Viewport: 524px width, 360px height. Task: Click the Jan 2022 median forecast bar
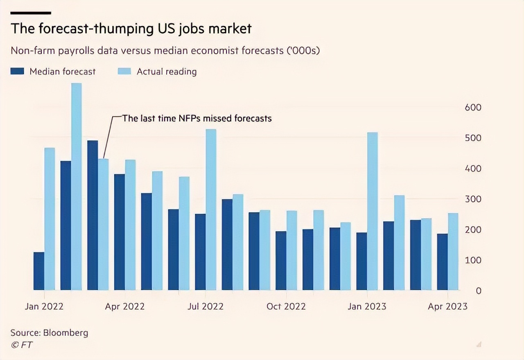click(39, 271)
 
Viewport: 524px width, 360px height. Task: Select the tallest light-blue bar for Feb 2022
click(77, 187)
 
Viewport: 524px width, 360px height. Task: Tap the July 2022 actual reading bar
click(211, 209)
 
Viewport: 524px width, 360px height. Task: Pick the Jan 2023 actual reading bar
click(372, 211)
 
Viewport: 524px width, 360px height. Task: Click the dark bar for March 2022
click(93, 215)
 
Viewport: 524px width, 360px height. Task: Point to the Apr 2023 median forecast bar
click(442, 262)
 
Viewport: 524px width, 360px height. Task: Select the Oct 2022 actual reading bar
click(291, 250)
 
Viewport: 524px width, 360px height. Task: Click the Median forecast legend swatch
click(18, 72)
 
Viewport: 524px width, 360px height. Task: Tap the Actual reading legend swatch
click(124, 72)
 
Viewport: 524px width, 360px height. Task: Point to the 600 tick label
click(473, 108)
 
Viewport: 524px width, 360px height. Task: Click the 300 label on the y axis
click(473, 199)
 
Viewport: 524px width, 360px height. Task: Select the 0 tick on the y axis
click(478, 291)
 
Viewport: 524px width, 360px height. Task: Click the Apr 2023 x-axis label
click(447, 306)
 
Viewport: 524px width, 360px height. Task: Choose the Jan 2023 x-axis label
click(367, 306)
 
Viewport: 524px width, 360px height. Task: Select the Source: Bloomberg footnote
click(49, 332)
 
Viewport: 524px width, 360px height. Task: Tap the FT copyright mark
click(22, 344)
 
